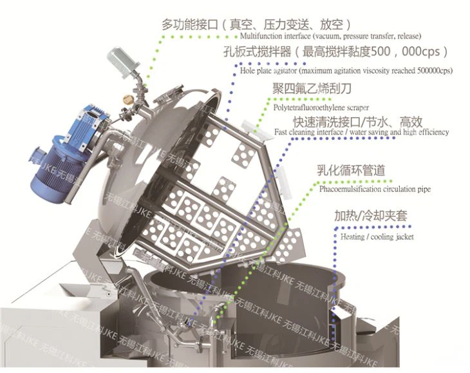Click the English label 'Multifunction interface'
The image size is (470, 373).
click(x=275, y=36)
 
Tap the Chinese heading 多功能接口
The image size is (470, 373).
click(x=190, y=24)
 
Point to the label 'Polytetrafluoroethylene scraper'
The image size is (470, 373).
click(x=321, y=108)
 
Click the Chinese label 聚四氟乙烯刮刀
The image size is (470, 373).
click(x=312, y=88)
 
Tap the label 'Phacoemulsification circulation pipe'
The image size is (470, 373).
click(x=375, y=189)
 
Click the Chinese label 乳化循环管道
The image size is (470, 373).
click(x=351, y=171)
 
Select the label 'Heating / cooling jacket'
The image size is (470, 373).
click(x=377, y=237)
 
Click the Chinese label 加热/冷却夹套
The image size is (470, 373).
click(x=371, y=216)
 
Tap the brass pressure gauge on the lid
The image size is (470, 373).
click(x=128, y=99)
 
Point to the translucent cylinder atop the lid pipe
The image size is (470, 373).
click(x=124, y=62)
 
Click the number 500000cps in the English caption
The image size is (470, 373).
click(x=435, y=71)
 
